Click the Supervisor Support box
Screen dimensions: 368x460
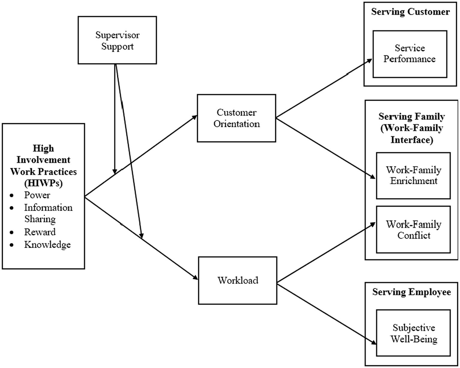[117, 42]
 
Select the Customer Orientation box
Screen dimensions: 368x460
[237, 118]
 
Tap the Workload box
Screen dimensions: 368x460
[238, 280]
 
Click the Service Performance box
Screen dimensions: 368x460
[410, 54]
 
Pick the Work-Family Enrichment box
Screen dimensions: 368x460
[413, 176]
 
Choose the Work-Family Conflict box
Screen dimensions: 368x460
[413, 230]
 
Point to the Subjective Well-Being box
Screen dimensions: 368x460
[413, 333]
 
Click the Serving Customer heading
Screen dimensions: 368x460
[410, 12]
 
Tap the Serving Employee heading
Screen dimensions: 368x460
[411, 292]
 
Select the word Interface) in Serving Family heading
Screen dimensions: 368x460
[412, 140]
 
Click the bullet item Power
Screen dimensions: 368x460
[37, 195]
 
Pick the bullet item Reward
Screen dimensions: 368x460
[40, 232]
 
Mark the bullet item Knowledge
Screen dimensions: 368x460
[48, 245]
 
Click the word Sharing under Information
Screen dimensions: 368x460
[40, 219]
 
